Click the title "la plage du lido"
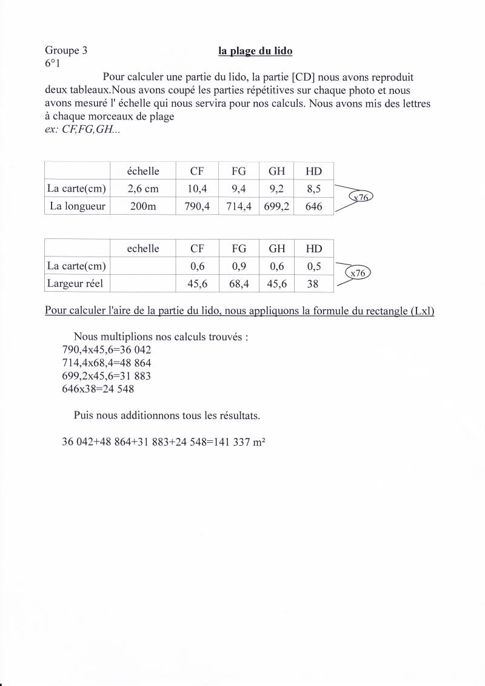click(255, 51)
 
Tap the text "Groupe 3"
click(66, 51)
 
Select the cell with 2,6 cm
click(143, 189)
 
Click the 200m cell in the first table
click(143, 206)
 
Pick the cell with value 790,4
click(197, 206)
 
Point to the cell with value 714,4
click(239, 206)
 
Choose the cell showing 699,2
click(277, 206)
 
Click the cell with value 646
click(313, 206)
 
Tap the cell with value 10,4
click(197, 189)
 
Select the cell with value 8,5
click(313, 189)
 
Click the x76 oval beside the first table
click(361, 197)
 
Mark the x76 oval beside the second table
click(358, 274)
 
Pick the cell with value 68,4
click(239, 283)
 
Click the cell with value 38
click(313, 283)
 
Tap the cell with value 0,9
click(239, 266)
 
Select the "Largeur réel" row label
click(75, 283)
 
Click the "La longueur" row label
click(78, 206)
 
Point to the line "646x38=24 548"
click(98, 389)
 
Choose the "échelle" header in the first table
click(143, 172)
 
